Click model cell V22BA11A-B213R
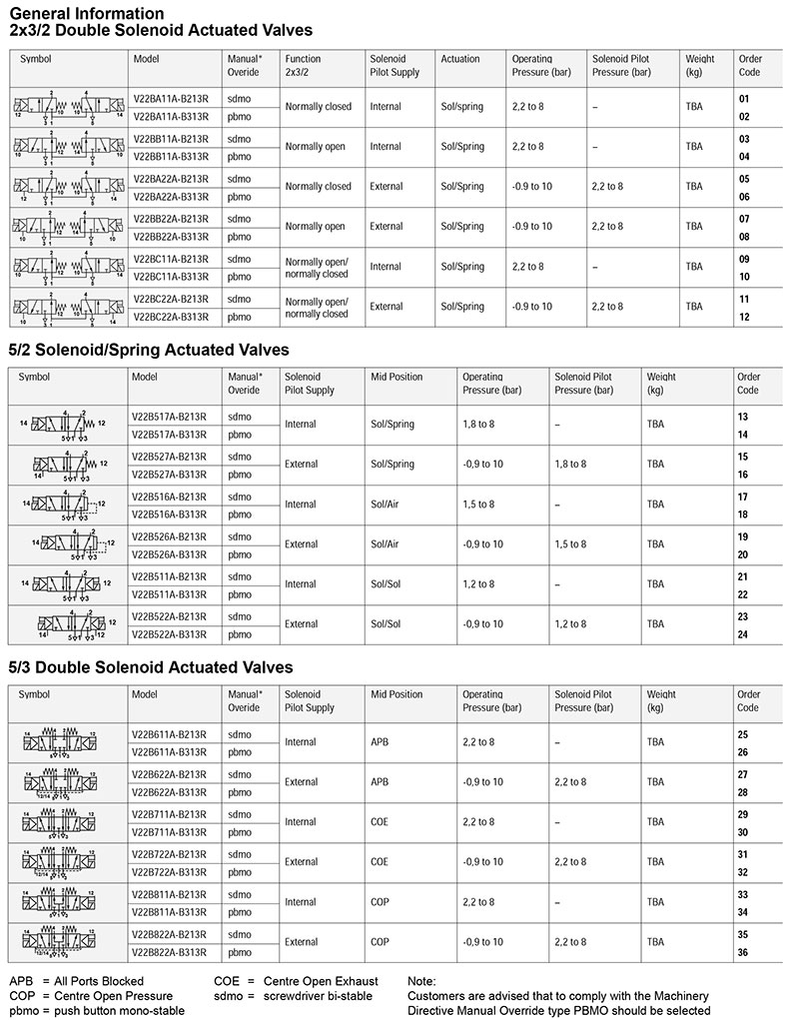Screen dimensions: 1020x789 [170, 99]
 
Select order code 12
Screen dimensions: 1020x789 [743, 317]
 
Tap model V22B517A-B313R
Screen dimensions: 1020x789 [170, 435]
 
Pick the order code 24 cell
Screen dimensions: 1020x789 [743, 634]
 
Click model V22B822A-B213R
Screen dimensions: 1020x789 [170, 934]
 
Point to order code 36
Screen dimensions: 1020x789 [743, 952]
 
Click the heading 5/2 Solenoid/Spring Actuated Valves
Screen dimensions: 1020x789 [149, 350]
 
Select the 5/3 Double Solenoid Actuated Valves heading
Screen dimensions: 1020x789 [151, 666]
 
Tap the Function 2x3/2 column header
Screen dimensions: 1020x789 [303, 66]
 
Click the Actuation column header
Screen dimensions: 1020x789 [460, 59]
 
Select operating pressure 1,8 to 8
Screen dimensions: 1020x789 [479, 425]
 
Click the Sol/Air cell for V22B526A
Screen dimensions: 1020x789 [385, 544]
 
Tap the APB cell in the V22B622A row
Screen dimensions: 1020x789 [381, 782]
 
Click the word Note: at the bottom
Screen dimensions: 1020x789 [421, 981]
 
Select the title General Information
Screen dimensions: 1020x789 [86, 13]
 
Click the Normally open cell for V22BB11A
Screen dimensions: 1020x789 [316, 147]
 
